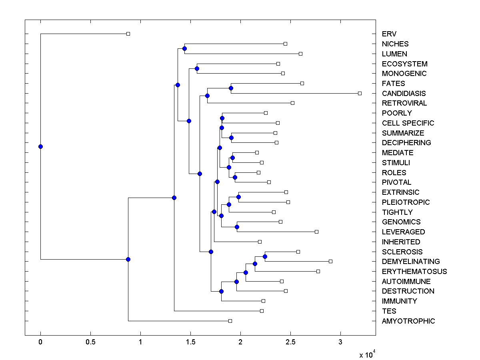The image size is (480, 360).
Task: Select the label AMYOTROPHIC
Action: click(x=408, y=321)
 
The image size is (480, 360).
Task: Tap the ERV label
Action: click(x=389, y=34)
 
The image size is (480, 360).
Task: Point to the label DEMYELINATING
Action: click(x=410, y=262)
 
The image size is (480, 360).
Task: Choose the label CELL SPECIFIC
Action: click(x=408, y=123)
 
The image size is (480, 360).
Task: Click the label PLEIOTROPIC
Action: click(x=406, y=202)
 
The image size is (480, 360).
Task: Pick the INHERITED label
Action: click(x=401, y=242)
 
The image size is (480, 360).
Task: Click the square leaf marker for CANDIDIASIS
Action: click(x=360, y=93)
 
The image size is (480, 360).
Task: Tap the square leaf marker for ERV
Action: click(x=128, y=34)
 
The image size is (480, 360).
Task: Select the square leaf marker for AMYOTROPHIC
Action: click(x=230, y=321)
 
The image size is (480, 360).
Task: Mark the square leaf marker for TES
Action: click(x=262, y=311)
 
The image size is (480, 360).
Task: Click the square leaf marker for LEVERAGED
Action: click(x=316, y=232)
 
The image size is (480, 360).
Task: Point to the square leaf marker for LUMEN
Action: click(x=301, y=54)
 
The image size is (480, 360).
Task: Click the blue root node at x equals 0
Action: click(x=40, y=146)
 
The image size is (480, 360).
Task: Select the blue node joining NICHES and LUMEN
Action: click(x=184, y=49)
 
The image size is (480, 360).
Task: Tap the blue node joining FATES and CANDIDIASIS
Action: click(x=231, y=88)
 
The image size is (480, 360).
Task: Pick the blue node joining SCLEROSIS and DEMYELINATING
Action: click(x=265, y=256)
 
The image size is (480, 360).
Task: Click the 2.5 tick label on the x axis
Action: click(x=290, y=342)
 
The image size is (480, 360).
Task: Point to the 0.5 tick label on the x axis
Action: click(x=90, y=342)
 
